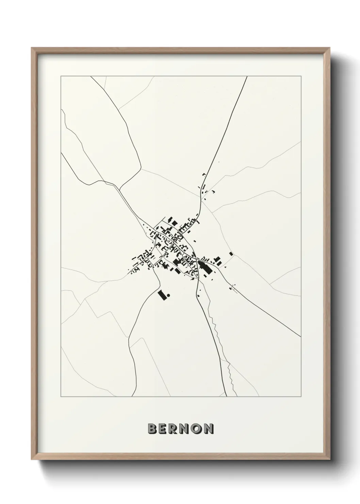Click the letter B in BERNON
click(152, 429)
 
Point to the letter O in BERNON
click(197, 429)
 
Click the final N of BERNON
click(209, 429)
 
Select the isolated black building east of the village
click(231, 254)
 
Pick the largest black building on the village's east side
click(204, 268)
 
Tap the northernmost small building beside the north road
click(204, 174)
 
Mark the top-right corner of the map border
click(301, 76)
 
